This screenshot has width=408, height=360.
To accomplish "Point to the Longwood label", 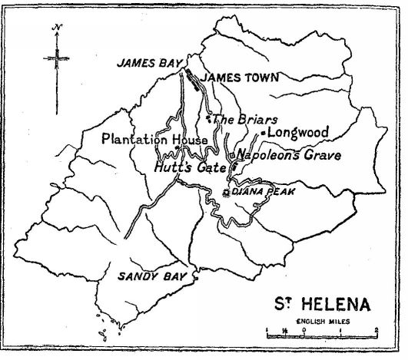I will click(x=298, y=132).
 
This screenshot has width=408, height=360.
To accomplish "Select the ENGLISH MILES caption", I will click(x=321, y=322).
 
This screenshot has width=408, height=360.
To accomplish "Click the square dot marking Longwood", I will click(x=263, y=134).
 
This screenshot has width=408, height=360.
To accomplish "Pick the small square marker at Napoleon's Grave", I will click(x=232, y=156).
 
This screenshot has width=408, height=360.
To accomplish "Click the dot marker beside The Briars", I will click(x=208, y=119).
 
